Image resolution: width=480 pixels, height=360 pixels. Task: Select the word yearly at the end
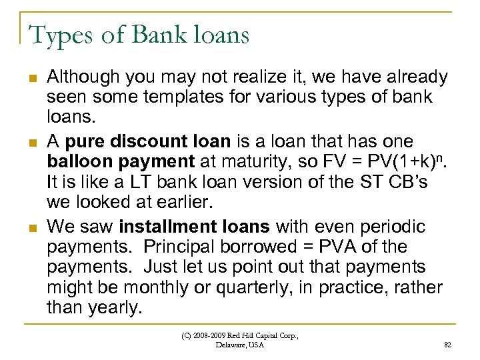(119, 308)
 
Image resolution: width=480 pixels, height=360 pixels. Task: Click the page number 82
(446, 345)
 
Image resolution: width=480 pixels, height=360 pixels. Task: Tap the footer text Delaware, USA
(240, 345)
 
